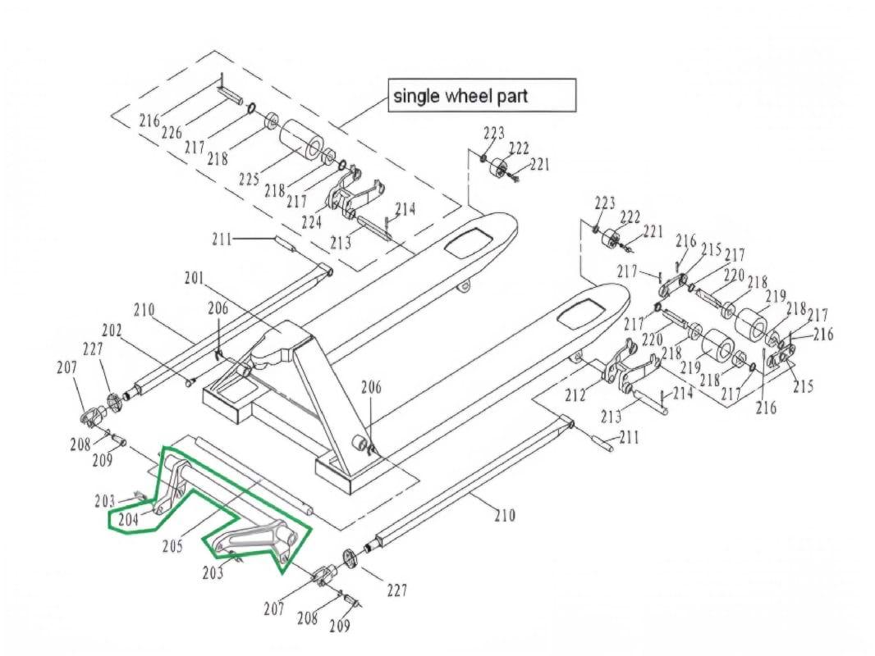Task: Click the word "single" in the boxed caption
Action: click(x=415, y=96)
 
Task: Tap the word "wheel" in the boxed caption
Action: click(x=466, y=96)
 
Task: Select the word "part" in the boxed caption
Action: click(x=511, y=96)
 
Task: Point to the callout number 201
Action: click(x=194, y=279)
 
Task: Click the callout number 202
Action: click(x=112, y=331)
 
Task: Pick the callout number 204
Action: click(x=129, y=518)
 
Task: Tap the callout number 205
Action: click(x=172, y=544)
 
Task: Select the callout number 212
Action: click(x=575, y=395)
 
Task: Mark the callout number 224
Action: click(x=311, y=221)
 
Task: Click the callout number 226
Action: click(x=171, y=132)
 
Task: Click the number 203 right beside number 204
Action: click(x=105, y=500)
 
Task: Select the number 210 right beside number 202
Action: click(x=144, y=311)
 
